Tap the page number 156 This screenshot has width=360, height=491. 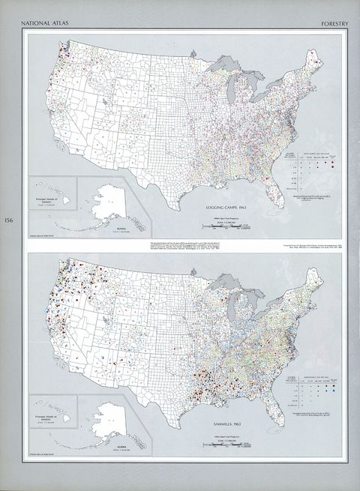(x=8, y=220)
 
